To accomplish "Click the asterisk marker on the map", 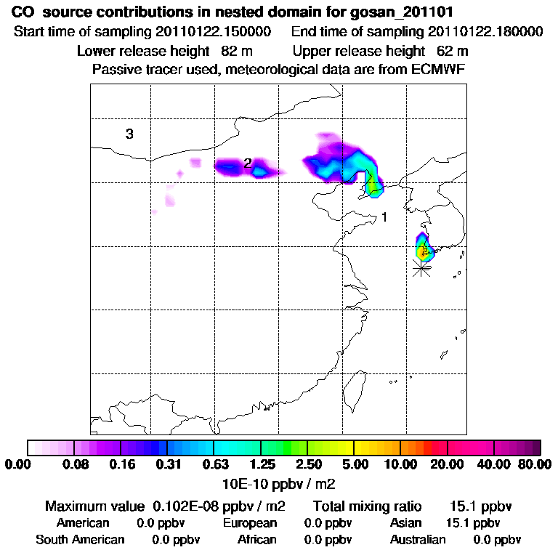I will [x=421, y=268].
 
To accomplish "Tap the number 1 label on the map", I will [x=384, y=217].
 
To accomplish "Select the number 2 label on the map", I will [x=247, y=163].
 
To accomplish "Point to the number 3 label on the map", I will [x=129, y=134].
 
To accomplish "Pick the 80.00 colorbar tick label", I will [x=535, y=464].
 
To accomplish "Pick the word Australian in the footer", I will [x=418, y=540].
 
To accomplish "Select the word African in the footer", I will [x=256, y=540].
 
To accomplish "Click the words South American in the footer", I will [x=80, y=540].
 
